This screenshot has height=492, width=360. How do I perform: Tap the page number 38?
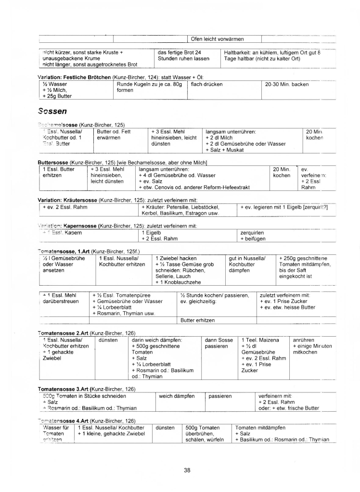(x=187, y=470)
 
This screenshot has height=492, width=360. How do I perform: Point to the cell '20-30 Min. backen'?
(x=287, y=84)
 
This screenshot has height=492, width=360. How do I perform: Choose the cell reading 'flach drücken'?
(x=207, y=84)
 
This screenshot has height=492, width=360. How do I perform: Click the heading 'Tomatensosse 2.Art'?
(x=63, y=333)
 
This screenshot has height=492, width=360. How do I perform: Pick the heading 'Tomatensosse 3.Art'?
(x=63, y=389)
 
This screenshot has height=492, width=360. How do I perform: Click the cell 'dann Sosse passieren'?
(x=219, y=342)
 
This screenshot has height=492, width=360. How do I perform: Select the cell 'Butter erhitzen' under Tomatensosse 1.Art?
(x=197, y=320)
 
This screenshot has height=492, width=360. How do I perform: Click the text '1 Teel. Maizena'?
(x=260, y=340)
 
